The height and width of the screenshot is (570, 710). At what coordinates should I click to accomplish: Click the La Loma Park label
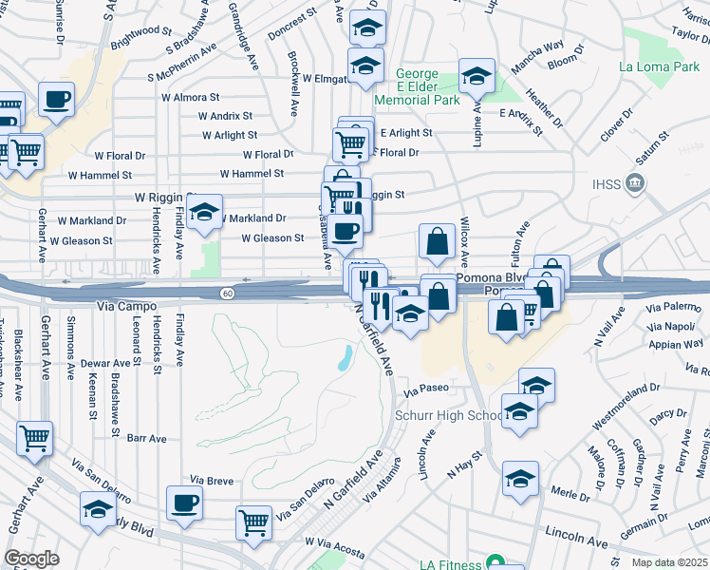point(659,67)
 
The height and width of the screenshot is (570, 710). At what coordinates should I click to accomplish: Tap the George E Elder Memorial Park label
point(417,86)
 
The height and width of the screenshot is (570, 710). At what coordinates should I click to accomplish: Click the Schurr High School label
point(449,415)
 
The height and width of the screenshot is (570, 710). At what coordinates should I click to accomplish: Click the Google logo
point(31,559)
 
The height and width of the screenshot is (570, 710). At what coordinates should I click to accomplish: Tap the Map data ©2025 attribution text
point(669,562)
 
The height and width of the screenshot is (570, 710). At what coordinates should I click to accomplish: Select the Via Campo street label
point(119,308)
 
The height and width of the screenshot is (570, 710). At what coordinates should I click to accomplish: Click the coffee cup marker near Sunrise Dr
point(57,99)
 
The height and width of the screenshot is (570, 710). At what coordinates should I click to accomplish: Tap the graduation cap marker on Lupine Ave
point(477,75)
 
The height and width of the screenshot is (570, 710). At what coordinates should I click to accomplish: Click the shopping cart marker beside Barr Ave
point(35,437)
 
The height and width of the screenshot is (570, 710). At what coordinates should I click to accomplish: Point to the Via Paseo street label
point(424,389)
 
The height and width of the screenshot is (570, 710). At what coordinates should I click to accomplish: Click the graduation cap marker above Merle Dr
point(521,479)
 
